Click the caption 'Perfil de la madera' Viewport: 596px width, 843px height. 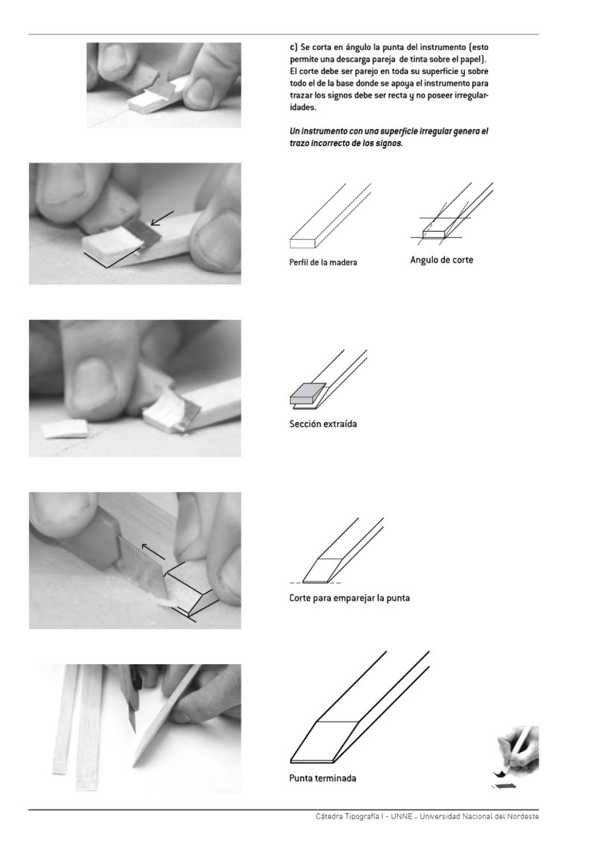(x=323, y=262)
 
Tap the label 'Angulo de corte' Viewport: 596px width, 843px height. (x=442, y=260)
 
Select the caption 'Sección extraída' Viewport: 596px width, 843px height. (x=323, y=424)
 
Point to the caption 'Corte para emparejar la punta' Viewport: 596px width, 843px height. (x=349, y=599)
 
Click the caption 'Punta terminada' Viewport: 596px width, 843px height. (x=323, y=778)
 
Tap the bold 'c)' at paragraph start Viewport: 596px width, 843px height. (x=294, y=47)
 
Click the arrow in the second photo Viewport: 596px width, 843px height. (x=160, y=218)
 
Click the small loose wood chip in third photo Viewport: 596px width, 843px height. (x=65, y=429)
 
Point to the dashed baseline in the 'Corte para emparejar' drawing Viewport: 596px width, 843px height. (x=315, y=583)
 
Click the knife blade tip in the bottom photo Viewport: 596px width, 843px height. (x=134, y=733)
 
